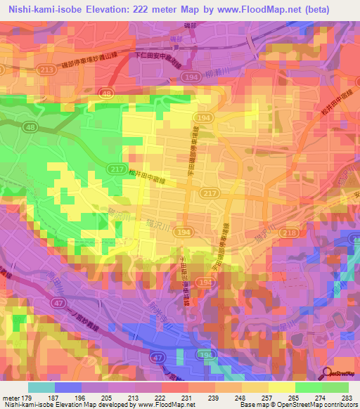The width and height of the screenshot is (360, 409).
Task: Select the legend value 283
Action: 347,396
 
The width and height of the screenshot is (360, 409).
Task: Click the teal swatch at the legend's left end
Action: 41,387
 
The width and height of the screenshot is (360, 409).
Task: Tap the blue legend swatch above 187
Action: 68,387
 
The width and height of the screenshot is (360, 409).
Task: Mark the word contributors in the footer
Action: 339,405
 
